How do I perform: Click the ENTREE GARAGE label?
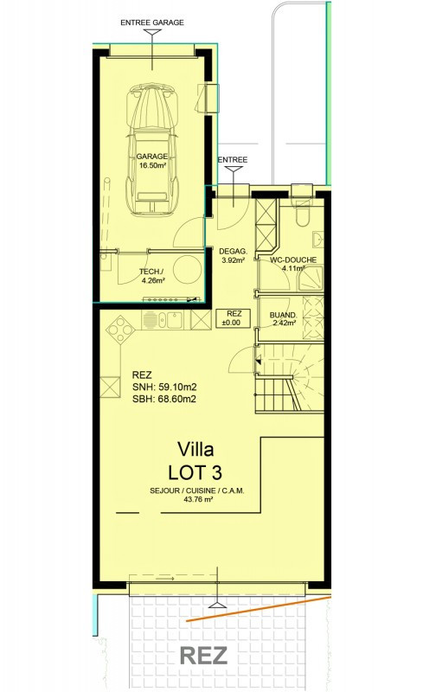(x=151, y=22)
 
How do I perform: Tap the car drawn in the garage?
(x=151, y=149)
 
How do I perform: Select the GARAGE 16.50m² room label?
(x=151, y=161)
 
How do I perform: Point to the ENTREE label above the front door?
(x=233, y=160)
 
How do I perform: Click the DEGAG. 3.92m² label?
(x=233, y=256)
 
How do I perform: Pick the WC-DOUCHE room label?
(x=293, y=260)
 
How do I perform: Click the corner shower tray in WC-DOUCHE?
(x=311, y=279)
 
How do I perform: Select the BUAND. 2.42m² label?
(x=282, y=318)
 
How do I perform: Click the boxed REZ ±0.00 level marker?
(x=234, y=318)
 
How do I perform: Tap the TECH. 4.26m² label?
(x=151, y=276)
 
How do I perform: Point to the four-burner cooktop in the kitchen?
(x=120, y=330)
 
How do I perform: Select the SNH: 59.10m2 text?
(x=164, y=387)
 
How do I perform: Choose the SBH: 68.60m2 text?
(x=164, y=399)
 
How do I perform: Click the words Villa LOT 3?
(x=195, y=461)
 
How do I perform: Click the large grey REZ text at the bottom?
(x=203, y=656)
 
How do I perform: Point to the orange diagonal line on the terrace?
(x=258, y=609)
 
